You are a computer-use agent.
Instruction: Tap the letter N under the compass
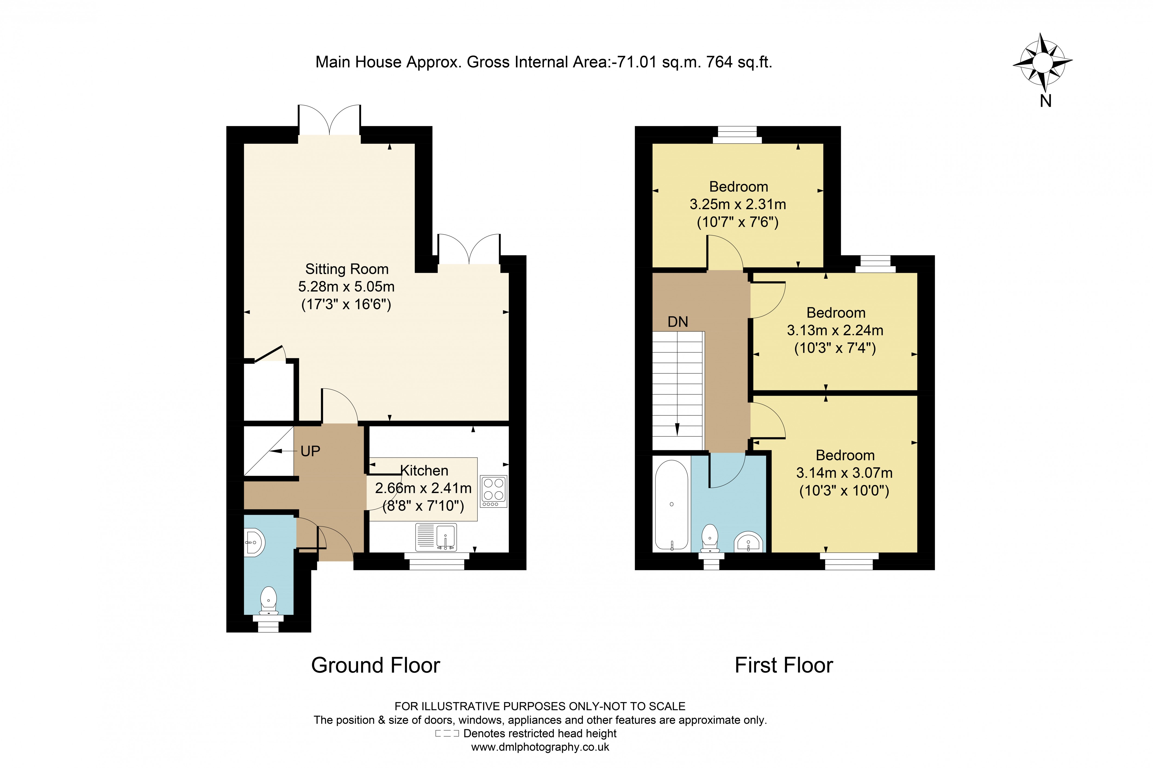(1045, 101)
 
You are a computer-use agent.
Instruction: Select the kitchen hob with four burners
(493, 491)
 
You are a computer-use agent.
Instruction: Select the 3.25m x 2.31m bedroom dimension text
(738, 204)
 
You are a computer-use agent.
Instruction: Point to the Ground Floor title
(376, 665)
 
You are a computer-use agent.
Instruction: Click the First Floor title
(784, 665)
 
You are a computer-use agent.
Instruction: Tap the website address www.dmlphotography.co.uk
(540, 747)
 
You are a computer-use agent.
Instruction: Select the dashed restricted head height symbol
(447, 733)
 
